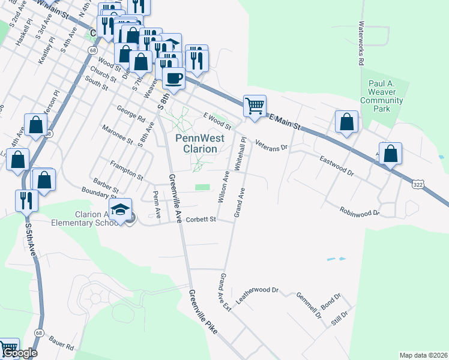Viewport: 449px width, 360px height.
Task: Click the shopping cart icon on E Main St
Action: tap(255, 106)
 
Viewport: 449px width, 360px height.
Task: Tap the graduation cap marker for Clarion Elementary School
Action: tap(122, 209)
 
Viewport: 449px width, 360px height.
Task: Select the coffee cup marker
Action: tap(173, 79)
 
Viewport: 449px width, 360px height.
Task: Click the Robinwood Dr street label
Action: tap(360, 212)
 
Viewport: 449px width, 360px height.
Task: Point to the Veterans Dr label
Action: tap(272, 145)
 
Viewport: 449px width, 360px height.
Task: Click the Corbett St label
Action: tap(200, 220)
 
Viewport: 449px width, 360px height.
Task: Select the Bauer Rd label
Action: tap(61, 343)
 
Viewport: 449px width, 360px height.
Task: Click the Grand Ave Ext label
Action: tap(225, 292)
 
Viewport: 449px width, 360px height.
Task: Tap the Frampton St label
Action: tap(127, 170)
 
